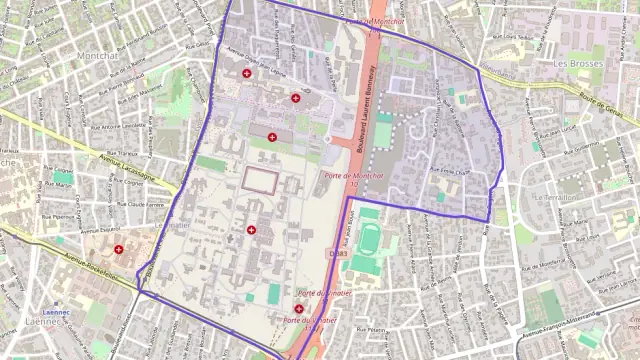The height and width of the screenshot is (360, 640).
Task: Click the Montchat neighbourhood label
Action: tap(97, 56)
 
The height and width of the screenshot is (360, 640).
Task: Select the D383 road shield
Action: tap(337, 254)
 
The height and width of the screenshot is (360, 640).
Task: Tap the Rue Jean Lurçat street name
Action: tap(558, 129)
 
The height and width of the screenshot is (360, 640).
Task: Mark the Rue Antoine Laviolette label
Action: tap(119, 126)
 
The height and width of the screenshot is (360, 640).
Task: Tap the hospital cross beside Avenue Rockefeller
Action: tap(119, 249)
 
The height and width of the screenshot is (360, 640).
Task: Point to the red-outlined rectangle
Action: tap(260, 180)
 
